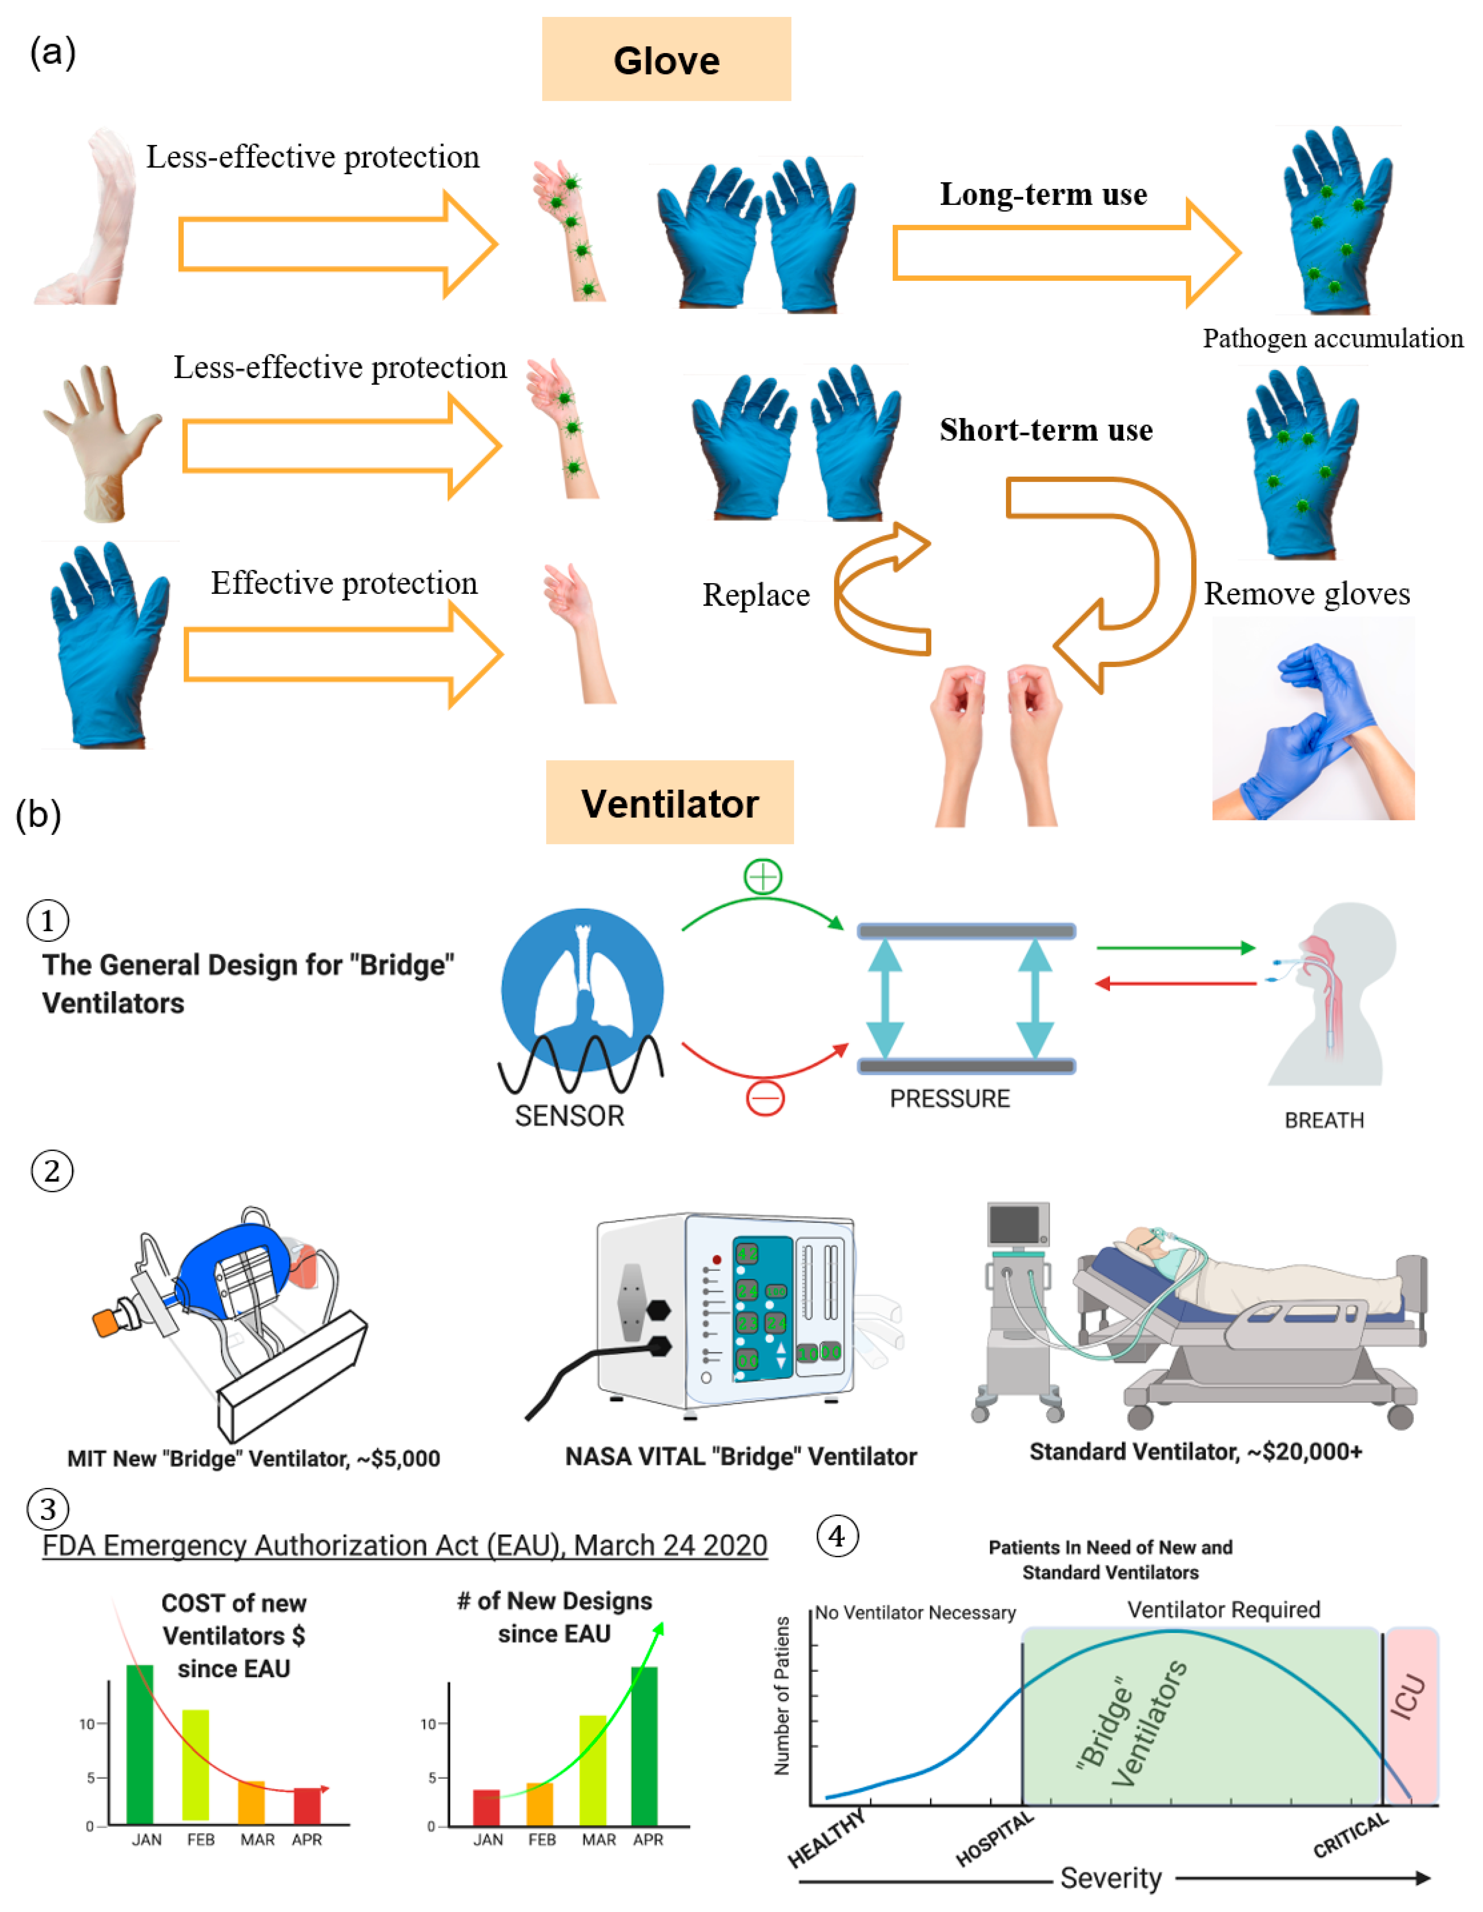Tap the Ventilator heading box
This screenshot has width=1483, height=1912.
(670, 802)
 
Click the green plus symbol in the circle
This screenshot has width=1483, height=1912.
(763, 876)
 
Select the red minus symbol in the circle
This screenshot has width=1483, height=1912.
(765, 1098)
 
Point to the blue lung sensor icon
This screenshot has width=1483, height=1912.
(582, 989)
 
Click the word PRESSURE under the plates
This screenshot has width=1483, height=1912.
(950, 1099)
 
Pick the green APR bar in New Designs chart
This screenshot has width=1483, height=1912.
(644, 1746)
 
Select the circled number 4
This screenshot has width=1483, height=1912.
(837, 1536)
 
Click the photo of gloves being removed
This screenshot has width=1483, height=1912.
(1312, 720)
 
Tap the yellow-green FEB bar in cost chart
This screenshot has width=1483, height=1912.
(195, 1764)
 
